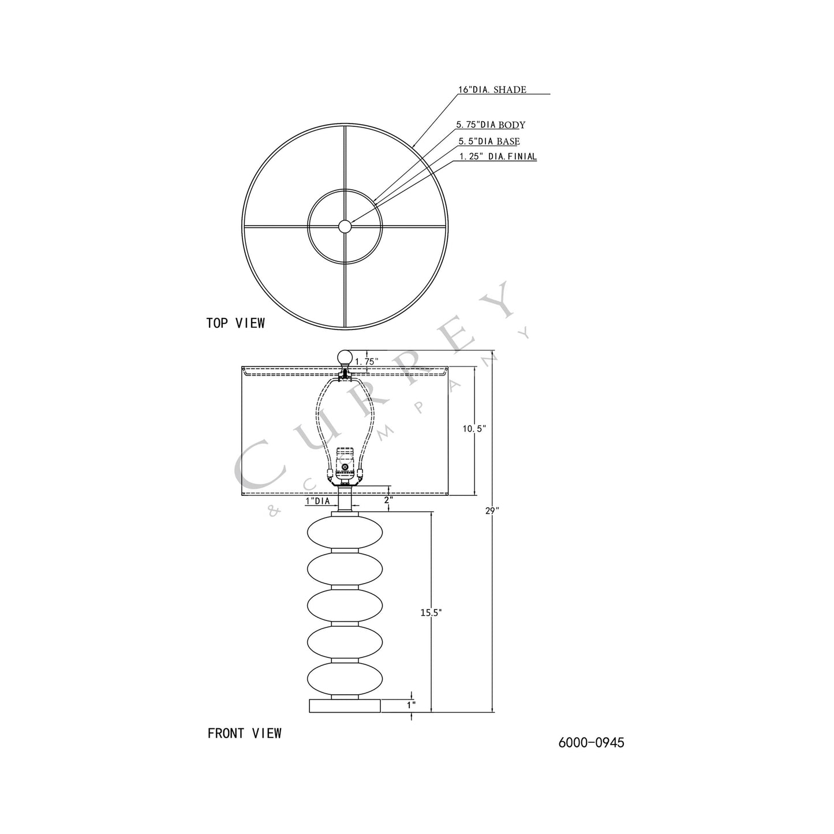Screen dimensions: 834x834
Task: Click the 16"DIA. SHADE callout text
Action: pyautogui.click(x=492, y=89)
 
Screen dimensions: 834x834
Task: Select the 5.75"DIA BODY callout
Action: pyautogui.click(x=491, y=125)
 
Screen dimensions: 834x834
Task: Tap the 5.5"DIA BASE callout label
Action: pyautogui.click(x=489, y=141)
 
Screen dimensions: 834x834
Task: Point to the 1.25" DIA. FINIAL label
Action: pyautogui.click(x=498, y=156)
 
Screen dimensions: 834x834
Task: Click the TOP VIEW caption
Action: pyautogui.click(x=235, y=323)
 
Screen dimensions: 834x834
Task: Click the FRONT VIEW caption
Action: pyautogui.click(x=245, y=734)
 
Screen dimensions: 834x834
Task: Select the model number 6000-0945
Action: pyautogui.click(x=591, y=743)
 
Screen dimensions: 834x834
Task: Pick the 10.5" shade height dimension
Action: pyautogui.click(x=475, y=429)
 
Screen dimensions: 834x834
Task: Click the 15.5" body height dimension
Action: pyautogui.click(x=431, y=613)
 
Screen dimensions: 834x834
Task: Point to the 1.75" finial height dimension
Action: pyautogui.click(x=366, y=361)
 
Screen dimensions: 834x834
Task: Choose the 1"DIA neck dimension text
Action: pyautogui.click(x=317, y=502)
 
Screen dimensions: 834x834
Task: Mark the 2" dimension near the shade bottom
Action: pyautogui.click(x=388, y=500)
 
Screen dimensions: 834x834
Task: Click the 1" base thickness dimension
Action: pyautogui.click(x=411, y=705)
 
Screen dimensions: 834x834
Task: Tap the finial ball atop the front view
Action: pyautogui.click(x=345, y=356)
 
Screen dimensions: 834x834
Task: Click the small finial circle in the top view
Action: pyautogui.click(x=345, y=226)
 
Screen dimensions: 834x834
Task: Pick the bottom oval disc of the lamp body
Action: pyautogui.click(x=345, y=682)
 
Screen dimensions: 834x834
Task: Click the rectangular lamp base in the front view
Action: pyautogui.click(x=345, y=705)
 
